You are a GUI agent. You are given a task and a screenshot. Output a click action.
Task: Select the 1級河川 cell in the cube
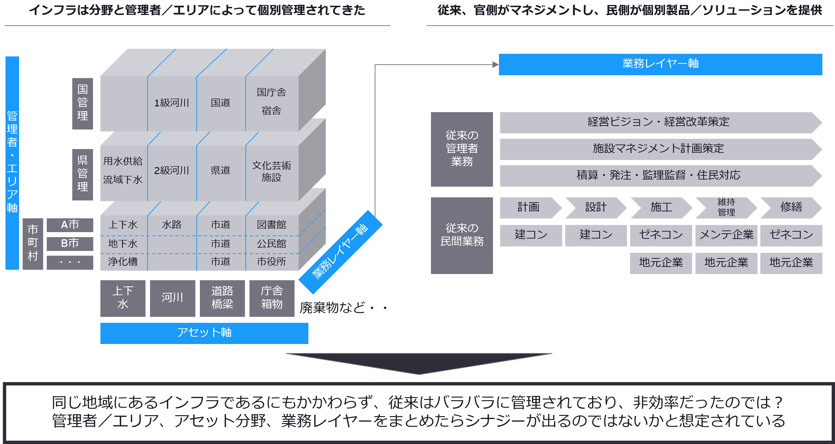(172, 103)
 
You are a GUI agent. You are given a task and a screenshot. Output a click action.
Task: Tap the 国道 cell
(221, 103)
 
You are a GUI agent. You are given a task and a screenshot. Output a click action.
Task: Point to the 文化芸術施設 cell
(272, 171)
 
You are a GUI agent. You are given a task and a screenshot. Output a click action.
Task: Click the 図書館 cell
(272, 224)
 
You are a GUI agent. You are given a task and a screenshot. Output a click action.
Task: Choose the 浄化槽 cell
(123, 261)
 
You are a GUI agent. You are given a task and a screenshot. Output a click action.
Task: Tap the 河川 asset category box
(172, 298)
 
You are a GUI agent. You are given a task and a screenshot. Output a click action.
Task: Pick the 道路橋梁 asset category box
(222, 298)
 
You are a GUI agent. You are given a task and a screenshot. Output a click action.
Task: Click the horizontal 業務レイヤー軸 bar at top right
(660, 64)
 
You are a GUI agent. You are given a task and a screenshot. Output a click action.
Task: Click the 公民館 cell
(272, 244)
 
